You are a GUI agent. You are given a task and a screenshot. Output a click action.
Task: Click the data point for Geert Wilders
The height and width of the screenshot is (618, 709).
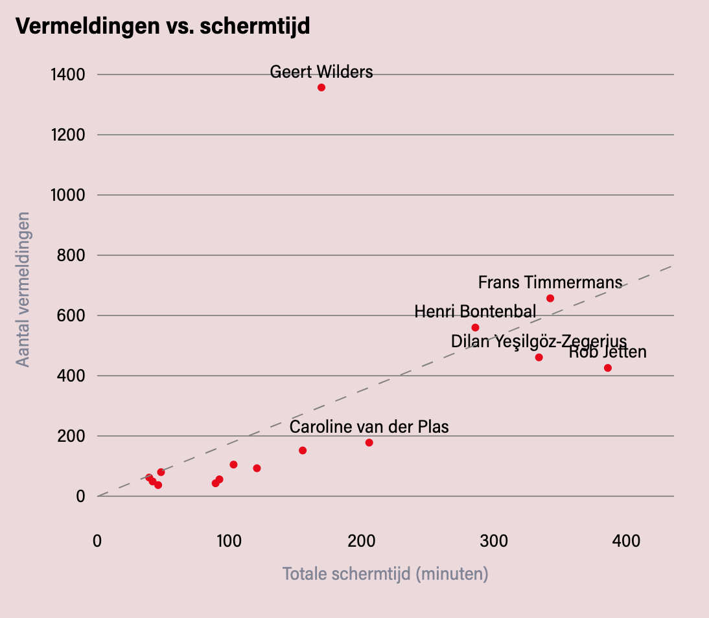[321, 87]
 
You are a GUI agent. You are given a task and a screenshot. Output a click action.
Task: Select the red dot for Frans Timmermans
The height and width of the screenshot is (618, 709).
[550, 298]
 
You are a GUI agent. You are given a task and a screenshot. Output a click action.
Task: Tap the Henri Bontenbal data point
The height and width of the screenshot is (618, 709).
[475, 327]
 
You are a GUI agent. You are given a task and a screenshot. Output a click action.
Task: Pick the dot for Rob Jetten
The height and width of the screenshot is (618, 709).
[608, 368]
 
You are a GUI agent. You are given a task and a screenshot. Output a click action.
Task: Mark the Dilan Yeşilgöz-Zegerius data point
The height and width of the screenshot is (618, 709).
[539, 357]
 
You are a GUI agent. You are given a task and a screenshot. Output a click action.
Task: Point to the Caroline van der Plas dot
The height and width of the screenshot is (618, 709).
[369, 442]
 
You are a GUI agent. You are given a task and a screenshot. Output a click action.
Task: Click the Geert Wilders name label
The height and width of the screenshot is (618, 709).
[321, 72]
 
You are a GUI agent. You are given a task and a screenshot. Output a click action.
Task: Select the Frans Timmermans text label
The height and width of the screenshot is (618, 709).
[550, 282]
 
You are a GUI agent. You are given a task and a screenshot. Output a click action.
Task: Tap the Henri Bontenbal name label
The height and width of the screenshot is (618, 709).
[475, 312]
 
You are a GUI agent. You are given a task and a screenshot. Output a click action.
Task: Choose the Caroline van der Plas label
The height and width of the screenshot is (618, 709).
[369, 427]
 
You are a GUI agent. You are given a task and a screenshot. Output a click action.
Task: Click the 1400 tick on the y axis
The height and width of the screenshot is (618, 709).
[67, 74]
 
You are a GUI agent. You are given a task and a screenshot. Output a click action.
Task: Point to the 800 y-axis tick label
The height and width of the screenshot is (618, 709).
[71, 255]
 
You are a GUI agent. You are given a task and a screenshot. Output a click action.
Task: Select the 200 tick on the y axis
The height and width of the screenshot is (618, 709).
[71, 436]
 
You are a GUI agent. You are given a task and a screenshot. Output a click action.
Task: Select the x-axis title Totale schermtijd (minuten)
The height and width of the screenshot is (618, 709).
[385, 574]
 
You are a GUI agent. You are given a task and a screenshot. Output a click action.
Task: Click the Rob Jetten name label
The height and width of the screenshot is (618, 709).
[608, 352]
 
